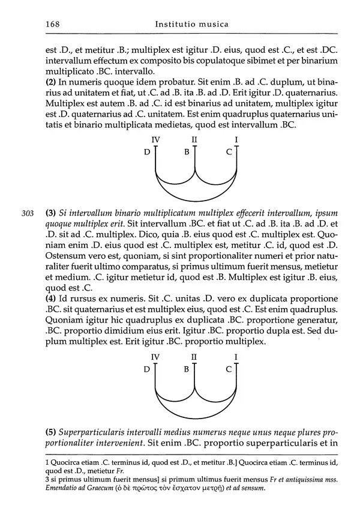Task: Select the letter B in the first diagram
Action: coord(187,152)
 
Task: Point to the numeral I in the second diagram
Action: coord(236,357)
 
